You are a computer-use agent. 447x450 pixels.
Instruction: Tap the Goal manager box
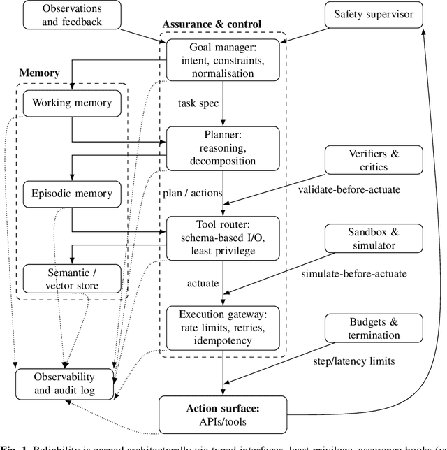[x=222, y=61]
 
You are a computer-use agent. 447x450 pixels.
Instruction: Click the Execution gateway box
[x=222, y=327]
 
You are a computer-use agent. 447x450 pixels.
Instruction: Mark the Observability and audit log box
[x=65, y=384]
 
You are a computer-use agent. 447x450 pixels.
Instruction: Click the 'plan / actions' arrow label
[x=192, y=193]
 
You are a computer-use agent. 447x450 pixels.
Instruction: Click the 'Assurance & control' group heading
[x=212, y=24]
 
